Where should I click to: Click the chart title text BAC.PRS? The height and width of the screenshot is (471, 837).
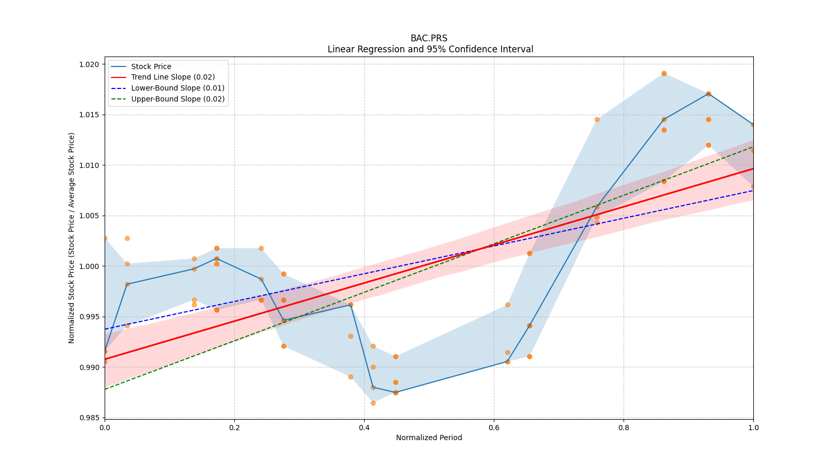(x=429, y=38)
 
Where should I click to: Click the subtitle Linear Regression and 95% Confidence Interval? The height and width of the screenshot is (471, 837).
(x=430, y=49)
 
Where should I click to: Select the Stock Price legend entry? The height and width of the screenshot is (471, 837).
(x=151, y=66)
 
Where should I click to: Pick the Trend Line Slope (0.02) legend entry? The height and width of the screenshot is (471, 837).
(x=173, y=77)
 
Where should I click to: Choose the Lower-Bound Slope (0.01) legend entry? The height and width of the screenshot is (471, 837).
(x=177, y=88)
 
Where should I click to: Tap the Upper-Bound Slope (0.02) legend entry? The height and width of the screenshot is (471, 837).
(x=177, y=99)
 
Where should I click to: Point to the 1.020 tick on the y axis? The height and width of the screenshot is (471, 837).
(x=89, y=64)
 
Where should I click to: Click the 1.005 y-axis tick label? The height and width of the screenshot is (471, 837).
(x=89, y=216)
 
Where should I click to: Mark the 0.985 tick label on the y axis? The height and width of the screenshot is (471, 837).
(x=89, y=418)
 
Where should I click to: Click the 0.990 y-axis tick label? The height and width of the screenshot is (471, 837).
(x=89, y=367)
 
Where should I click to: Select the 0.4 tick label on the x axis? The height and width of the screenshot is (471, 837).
(x=364, y=428)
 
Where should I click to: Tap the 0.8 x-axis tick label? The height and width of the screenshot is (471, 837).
(x=624, y=428)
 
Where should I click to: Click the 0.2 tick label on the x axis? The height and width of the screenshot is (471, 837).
(x=234, y=428)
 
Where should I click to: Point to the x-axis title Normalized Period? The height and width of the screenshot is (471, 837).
(x=429, y=438)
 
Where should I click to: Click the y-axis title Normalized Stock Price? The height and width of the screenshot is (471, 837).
(x=72, y=238)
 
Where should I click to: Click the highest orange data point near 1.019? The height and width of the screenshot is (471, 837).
(x=664, y=73)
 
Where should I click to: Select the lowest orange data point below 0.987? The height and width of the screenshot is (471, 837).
(x=373, y=403)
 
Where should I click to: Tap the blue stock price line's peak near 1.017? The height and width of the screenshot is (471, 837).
(x=708, y=94)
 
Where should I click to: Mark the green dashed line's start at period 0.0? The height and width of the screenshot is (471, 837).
(x=105, y=389)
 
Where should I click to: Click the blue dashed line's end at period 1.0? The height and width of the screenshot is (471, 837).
(x=753, y=190)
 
